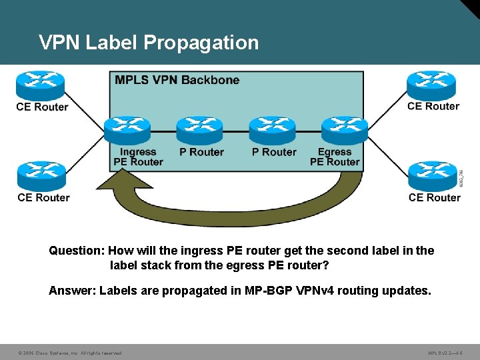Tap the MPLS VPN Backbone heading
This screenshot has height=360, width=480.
pyautogui.click(x=177, y=80)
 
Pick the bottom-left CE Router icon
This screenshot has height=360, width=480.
pyautogui.click(x=41, y=175)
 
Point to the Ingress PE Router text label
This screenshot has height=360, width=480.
pyautogui.click(x=138, y=157)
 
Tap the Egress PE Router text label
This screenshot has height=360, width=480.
pyautogui.click(x=335, y=157)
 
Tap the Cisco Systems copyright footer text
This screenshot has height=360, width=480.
pyautogui.click(x=69, y=353)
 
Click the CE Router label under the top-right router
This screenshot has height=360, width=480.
pyautogui.click(x=433, y=106)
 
